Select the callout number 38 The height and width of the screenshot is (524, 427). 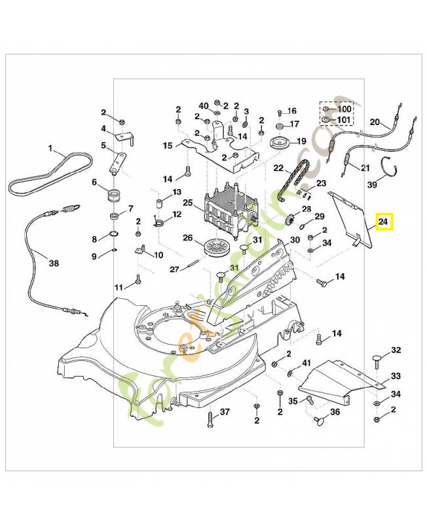click(54, 264)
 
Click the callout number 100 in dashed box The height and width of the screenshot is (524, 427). click(344, 108)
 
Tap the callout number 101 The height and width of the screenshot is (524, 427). click(344, 120)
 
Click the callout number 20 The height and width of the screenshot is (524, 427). click(375, 122)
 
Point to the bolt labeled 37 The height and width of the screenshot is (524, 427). click(210, 420)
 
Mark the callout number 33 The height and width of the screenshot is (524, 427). click(396, 376)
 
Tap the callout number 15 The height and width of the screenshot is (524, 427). click(168, 145)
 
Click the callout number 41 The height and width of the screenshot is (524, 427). click(306, 364)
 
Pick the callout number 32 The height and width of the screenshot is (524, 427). click(396, 351)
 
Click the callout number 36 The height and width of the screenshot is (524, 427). click(335, 412)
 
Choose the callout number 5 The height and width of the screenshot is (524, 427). click(103, 145)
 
